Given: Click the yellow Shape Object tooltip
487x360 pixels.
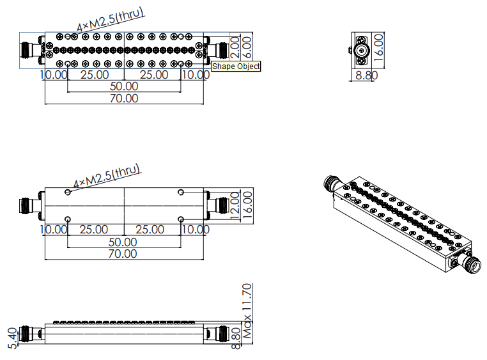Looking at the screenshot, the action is coord(236,66).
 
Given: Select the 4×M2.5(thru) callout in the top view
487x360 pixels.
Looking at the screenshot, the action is coord(111,19).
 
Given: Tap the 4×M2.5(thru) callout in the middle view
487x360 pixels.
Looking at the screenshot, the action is coord(107,176).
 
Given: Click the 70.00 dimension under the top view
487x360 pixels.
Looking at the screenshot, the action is coord(124,98).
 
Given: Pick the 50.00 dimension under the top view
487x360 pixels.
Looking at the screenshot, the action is coord(124,86).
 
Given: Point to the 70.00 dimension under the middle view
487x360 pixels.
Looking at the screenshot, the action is coord(123,254).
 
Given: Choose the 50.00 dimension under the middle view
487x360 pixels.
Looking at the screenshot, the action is coord(123,242).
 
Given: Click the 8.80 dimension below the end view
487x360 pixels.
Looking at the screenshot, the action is coord(366,75).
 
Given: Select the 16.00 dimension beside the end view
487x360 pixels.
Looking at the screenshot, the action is coord(379,47).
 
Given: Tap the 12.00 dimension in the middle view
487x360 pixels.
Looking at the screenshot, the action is coord(235,205).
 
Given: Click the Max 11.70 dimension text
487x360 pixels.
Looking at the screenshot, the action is coord(247,311).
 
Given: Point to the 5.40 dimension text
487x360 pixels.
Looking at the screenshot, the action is coord(12,338).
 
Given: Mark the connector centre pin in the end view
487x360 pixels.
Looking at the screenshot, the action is coord(361,50).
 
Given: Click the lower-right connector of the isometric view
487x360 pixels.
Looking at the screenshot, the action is coord(468,263).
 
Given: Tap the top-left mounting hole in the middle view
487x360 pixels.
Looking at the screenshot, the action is coord(68,192).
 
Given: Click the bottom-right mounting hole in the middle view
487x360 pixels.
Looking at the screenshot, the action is coord(181,219).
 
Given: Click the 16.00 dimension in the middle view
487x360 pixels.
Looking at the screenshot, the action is coord(247,205).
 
